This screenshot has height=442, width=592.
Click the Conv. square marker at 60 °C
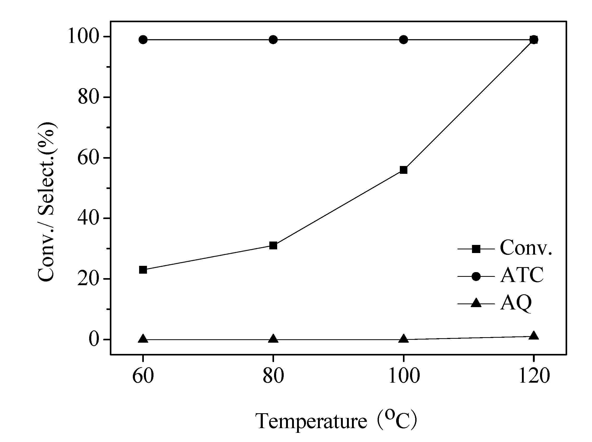143,270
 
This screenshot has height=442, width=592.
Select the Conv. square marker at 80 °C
273,245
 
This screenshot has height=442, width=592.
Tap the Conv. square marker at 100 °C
403,170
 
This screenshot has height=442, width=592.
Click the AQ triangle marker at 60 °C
143,339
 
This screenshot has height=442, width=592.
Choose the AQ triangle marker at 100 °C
403,339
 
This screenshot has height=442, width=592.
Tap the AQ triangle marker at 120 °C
534,336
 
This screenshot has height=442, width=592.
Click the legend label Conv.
526,248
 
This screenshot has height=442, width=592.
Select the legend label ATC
522,275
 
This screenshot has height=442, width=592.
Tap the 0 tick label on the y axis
94,340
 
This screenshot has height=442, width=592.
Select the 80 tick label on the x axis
273,376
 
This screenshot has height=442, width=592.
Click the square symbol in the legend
476,249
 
